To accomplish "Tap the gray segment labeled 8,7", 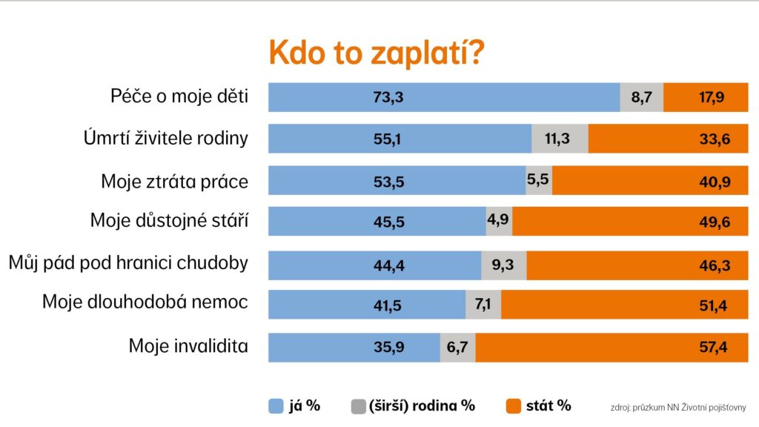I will coord(641,98).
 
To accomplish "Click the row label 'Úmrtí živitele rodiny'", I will coord(166,138).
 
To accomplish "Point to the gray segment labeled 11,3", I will coord(560,139).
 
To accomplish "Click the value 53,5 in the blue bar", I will coord(389,180).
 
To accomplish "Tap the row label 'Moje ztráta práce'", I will coord(174,180).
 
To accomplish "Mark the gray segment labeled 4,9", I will coord(498,221).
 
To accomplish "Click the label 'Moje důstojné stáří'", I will coord(169,220).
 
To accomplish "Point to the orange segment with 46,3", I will coord(637,265).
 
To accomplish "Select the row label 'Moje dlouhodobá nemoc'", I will coord(145,302).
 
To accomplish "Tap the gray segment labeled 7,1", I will coord(483,305).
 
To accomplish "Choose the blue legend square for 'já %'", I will coord(276,406).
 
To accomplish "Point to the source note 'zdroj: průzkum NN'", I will coord(677,407).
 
